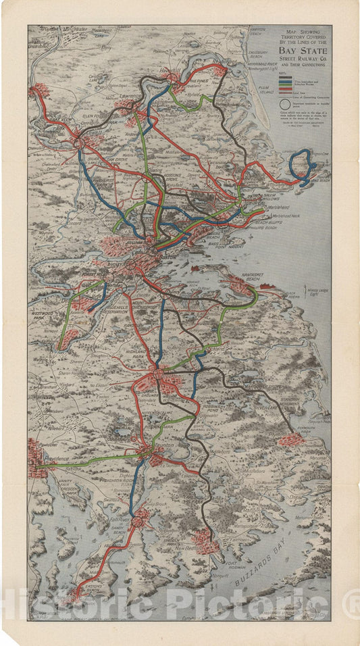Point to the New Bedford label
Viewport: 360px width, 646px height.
(189, 548)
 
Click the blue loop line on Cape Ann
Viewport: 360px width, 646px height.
(302, 163)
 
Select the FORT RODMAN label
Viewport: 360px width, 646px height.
(233, 564)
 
